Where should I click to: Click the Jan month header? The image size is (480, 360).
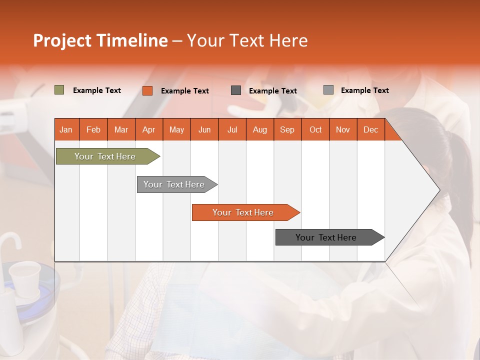66,129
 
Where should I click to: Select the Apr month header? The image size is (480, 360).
149,129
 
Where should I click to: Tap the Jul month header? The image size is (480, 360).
232,129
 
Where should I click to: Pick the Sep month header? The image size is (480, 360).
287,129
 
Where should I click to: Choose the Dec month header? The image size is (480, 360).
370,129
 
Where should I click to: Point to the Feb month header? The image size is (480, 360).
93,129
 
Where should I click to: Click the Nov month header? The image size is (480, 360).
343,129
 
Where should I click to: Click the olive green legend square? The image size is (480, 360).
59,90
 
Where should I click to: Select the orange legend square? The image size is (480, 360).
147,90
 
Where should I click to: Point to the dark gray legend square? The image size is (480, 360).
236,90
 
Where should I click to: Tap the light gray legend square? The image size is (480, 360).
328,90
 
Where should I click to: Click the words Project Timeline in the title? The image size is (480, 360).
100,40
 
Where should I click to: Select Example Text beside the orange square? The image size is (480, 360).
185,91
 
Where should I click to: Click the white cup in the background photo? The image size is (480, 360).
24,277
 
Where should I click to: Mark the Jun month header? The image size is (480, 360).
204,129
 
